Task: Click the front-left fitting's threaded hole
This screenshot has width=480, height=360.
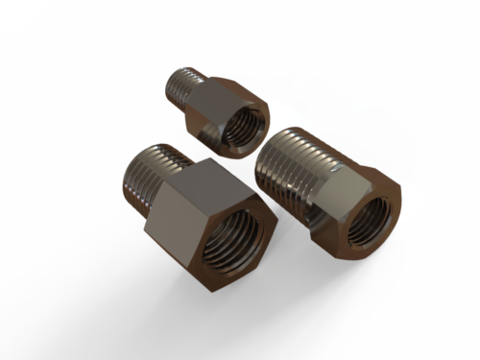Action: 232,239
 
